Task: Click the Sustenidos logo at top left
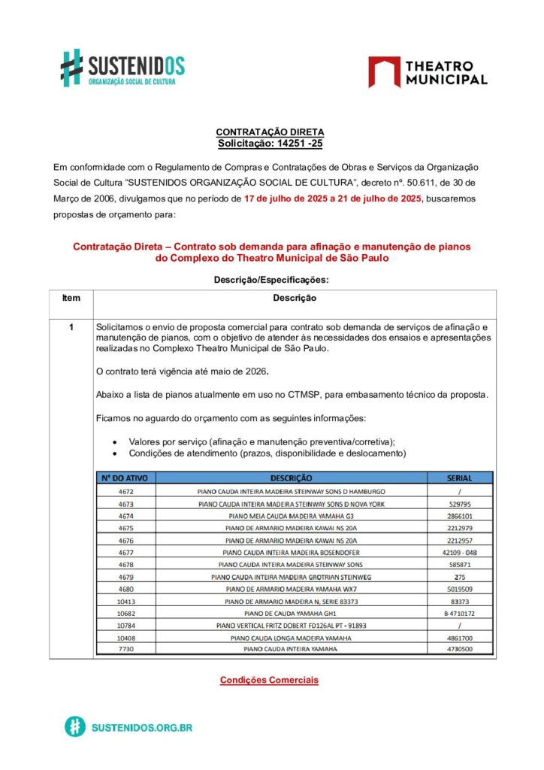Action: point(122,68)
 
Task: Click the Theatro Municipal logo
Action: point(427,72)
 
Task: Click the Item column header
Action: point(71,298)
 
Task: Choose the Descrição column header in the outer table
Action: point(295,298)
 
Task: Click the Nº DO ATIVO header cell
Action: point(125,477)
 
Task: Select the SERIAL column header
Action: point(458,477)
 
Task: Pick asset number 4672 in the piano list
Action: point(125,491)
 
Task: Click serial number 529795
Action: point(458,504)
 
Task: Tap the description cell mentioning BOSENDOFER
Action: point(291,551)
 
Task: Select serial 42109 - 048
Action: point(458,551)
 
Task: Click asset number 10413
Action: point(125,602)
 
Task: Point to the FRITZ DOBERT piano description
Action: point(291,625)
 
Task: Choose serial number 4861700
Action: point(458,638)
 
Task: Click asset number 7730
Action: point(125,649)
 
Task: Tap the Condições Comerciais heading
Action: point(269,680)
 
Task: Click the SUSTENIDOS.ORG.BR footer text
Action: point(141,728)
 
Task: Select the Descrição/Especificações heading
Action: point(271,280)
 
